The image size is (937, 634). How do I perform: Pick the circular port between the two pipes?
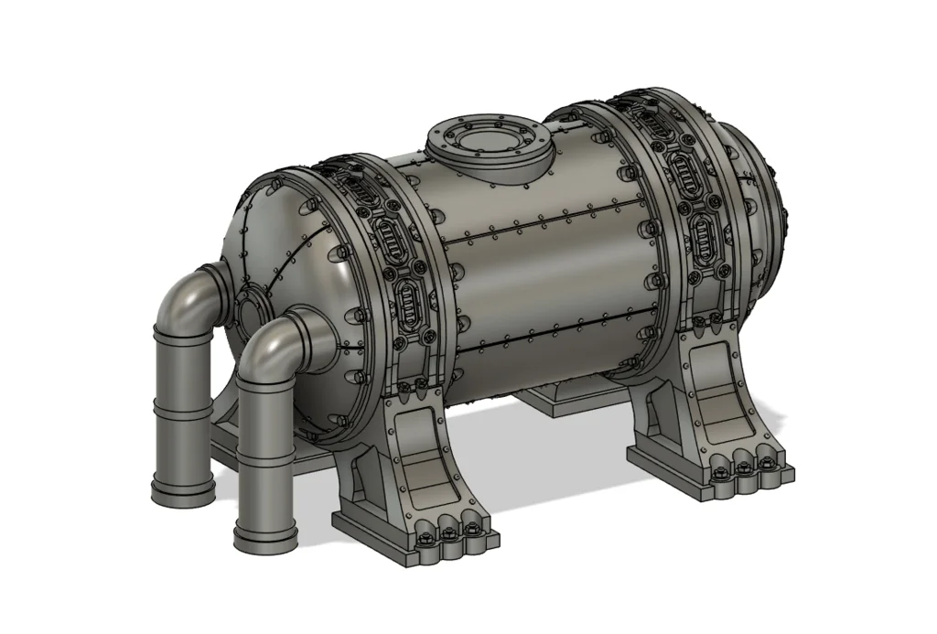[249, 310]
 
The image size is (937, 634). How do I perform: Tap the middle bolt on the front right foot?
[742, 467]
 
